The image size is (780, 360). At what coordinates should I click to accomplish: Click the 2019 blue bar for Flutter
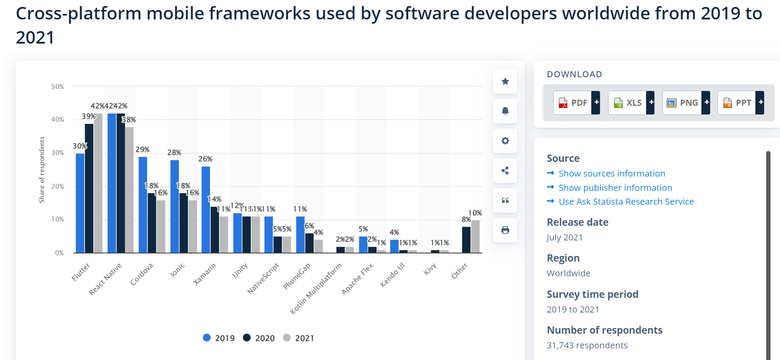[80, 203]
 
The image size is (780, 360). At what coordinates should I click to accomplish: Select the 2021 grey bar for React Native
[129, 190]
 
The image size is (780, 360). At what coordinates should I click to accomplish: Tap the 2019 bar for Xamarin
[206, 210]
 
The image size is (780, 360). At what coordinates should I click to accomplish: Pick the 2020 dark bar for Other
[466, 240]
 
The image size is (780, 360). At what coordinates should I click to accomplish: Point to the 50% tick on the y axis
[57, 87]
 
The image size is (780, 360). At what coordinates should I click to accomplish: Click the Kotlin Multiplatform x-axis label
[316, 288]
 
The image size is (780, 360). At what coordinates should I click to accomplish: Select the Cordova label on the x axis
[142, 274]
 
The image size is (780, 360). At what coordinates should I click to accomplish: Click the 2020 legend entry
[259, 338]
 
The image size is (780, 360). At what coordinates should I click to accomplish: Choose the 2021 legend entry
[298, 338]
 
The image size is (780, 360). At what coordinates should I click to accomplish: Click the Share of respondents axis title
[42, 170]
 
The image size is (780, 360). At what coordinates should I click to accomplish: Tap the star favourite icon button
[505, 81]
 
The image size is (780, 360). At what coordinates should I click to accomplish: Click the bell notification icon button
[505, 111]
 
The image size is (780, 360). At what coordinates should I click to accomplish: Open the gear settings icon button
[505, 141]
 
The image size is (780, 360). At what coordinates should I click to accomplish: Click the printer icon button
[505, 230]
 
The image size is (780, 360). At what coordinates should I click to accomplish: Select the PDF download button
[576, 103]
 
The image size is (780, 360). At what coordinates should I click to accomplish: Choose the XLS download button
[631, 103]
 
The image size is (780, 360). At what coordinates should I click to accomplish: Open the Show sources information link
[612, 174]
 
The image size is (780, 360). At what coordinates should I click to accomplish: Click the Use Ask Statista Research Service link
[626, 202]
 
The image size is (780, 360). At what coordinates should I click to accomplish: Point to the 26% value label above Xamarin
[205, 159]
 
